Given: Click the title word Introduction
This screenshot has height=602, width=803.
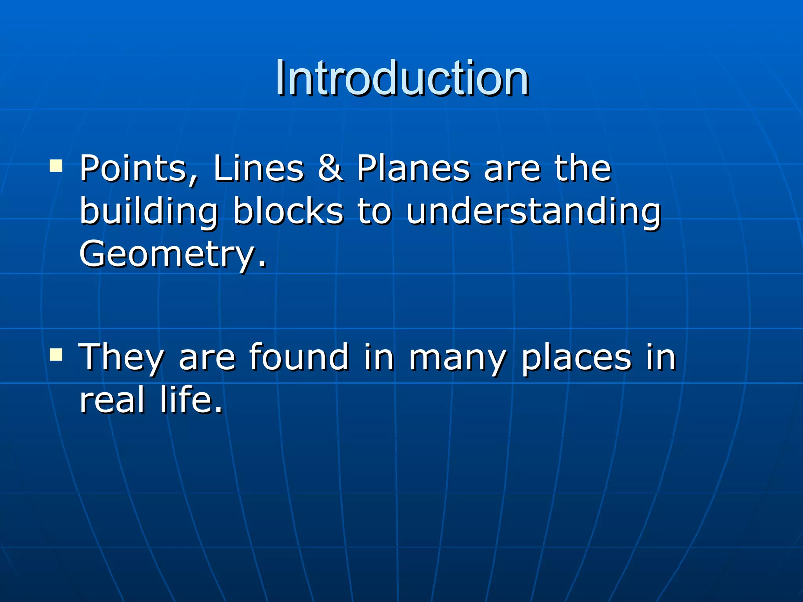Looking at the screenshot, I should tap(401, 78).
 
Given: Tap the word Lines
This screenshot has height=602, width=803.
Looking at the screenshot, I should tap(258, 169).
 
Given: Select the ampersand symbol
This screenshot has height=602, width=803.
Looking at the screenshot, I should tap(330, 169).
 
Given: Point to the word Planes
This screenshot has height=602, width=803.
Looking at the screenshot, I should tap(413, 169).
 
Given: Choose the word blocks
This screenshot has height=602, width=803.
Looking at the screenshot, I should tap(288, 212).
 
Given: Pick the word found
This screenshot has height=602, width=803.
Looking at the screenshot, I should tap(299, 357).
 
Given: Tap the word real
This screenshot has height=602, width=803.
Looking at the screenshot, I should tap(112, 400).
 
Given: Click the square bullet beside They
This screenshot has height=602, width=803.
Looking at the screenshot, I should tap(56, 354).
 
